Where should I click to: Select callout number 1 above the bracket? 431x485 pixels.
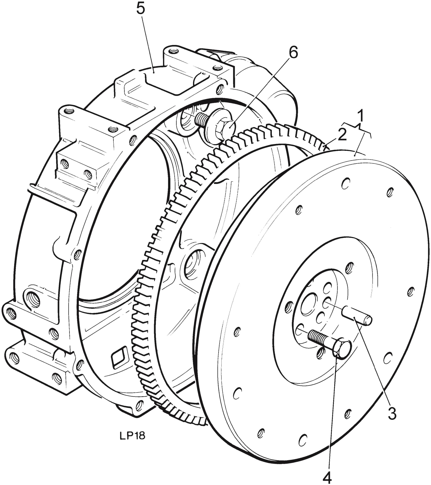tap(362, 116)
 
